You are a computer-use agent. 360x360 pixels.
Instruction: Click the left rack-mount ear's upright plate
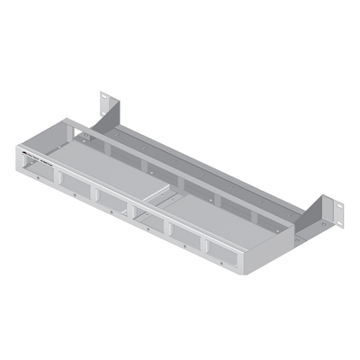106,105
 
